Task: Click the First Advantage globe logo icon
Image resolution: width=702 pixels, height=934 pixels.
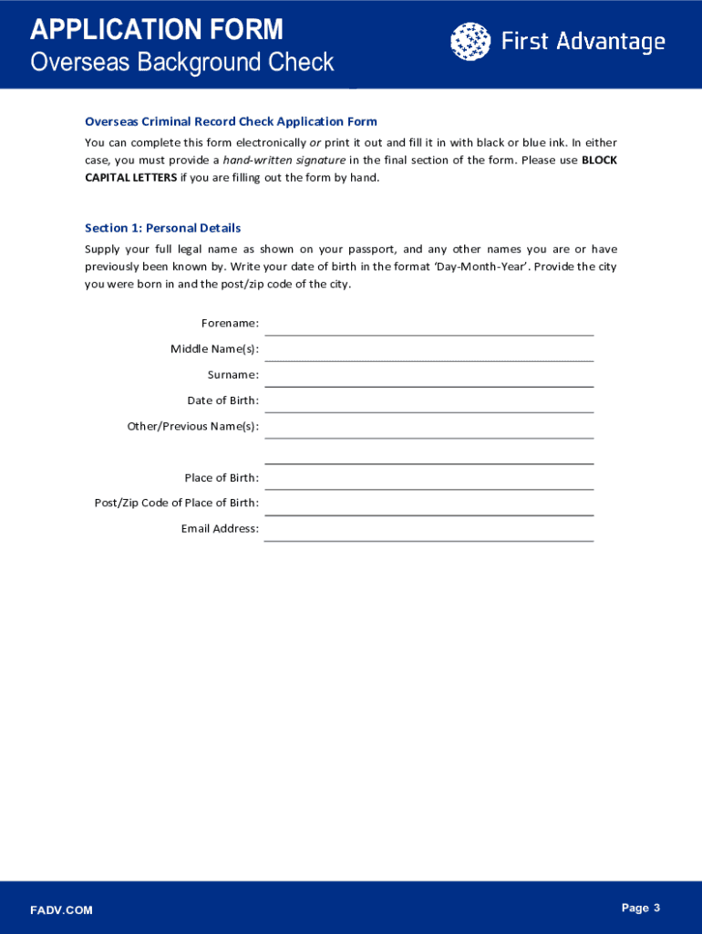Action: pyautogui.click(x=470, y=41)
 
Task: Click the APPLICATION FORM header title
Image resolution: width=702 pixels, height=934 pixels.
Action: pyautogui.click(x=157, y=30)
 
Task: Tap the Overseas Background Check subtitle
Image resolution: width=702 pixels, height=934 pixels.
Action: pyautogui.click(x=182, y=63)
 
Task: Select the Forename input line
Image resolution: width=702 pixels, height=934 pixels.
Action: pyautogui.click(x=428, y=325)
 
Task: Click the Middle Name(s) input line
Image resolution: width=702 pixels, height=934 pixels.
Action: pyautogui.click(x=428, y=350)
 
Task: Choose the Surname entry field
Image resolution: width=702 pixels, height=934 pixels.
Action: pyautogui.click(x=428, y=376)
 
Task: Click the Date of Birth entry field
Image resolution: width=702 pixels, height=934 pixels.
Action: pyautogui.click(x=428, y=401)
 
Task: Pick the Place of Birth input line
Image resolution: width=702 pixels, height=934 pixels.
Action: pyautogui.click(x=428, y=479)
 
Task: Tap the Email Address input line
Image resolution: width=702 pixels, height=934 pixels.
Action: pyautogui.click(x=428, y=530)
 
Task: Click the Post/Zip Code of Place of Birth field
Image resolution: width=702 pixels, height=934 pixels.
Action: pyautogui.click(x=428, y=504)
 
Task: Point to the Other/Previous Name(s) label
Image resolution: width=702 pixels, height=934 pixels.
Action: pyautogui.click(x=193, y=426)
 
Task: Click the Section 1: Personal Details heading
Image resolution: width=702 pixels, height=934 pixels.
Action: pyautogui.click(x=162, y=228)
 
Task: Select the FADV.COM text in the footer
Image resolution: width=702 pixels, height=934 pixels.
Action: pyautogui.click(x=61, y=910)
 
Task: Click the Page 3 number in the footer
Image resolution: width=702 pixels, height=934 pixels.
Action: pyautogui.click(x=640, y=908)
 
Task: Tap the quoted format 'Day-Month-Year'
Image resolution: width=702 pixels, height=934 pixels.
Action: pyautogui.click(x=492, y=266)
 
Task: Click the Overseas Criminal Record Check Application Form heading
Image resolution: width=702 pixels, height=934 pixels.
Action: pyautogui.click(x=231, y=121)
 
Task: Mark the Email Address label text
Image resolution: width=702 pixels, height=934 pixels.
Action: pyautogui.click(x=220, y=529)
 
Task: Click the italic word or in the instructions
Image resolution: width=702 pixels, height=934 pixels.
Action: pyautogui.click(x=315, y=143)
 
